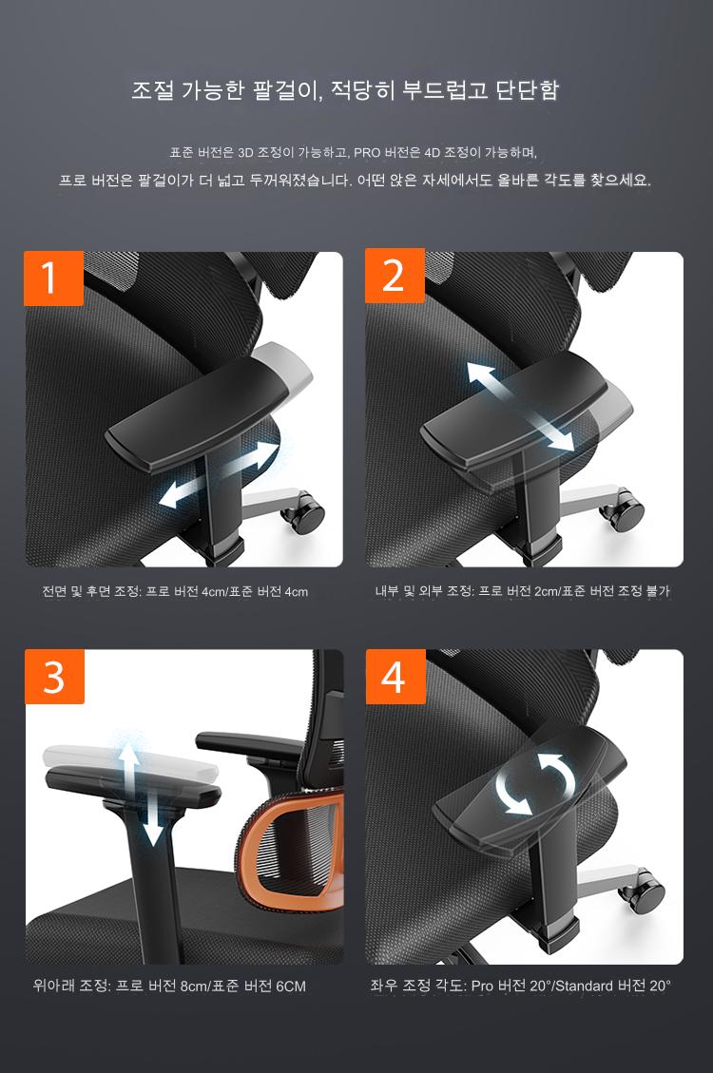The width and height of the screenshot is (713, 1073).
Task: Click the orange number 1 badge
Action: click(53, 278)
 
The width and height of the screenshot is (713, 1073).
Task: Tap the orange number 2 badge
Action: click(395, 275)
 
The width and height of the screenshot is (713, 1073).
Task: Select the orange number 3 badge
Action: click(54, 677)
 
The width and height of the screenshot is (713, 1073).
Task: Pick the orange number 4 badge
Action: click(395, 677)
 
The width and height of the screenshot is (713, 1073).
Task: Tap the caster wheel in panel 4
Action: click(644, 891)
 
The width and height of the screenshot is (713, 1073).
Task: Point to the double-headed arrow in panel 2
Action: click(520, 407)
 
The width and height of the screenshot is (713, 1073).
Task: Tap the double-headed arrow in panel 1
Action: click(219, 474)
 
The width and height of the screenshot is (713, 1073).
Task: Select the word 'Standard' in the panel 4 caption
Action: click(585, 987)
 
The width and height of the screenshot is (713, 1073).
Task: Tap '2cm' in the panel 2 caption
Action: click(547, 591)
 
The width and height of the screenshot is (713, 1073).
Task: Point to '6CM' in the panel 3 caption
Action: click(291, 987)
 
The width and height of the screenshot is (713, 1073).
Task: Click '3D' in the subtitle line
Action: click(245, 153)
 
